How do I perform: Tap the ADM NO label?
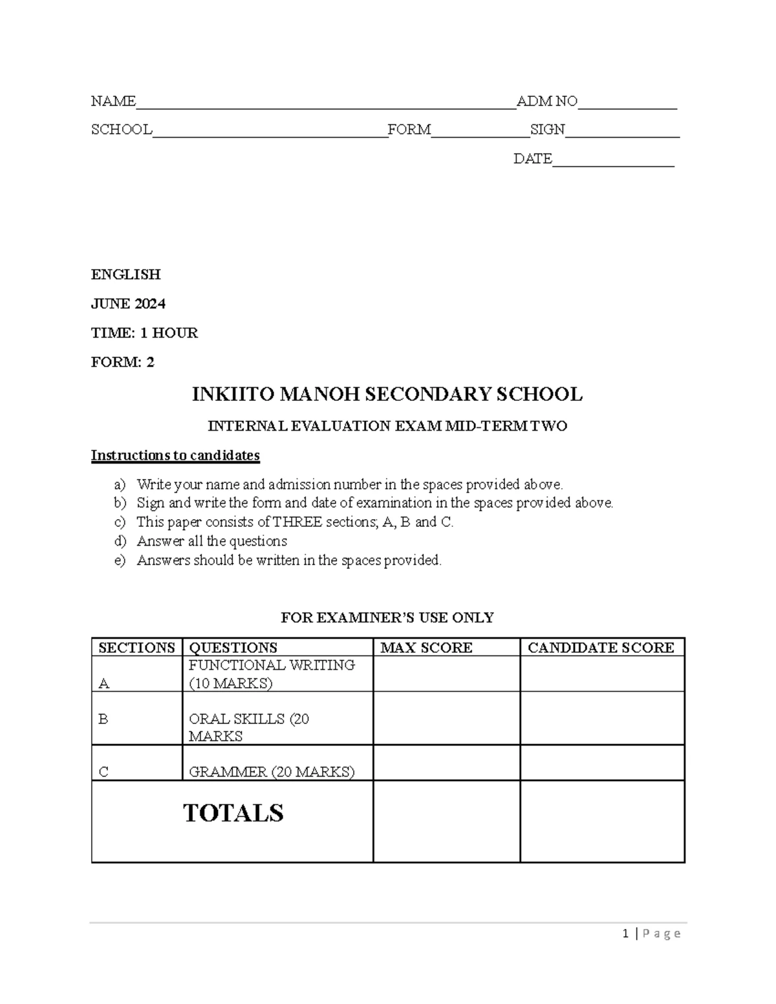[546, 101]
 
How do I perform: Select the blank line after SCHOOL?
[270, 132]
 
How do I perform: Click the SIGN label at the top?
[547, 129]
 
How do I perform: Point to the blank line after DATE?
[612, 162]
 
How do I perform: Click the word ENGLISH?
[125, 274]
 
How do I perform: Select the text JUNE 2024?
[128, 303]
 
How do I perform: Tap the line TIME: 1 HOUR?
[144, 332]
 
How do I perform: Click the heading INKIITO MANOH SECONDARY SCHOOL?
[387, 394]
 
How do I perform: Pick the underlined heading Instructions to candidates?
[175, 455]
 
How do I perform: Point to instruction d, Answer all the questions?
[211, 540]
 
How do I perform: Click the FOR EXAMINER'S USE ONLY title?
[387, 617]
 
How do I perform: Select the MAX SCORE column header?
[426, 647]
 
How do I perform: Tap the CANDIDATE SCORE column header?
[601, 647]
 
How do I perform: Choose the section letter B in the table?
[103, 718]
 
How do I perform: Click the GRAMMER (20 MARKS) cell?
[272, 771]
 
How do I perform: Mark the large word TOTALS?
[233, 813]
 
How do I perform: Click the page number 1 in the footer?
[625, 933]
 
